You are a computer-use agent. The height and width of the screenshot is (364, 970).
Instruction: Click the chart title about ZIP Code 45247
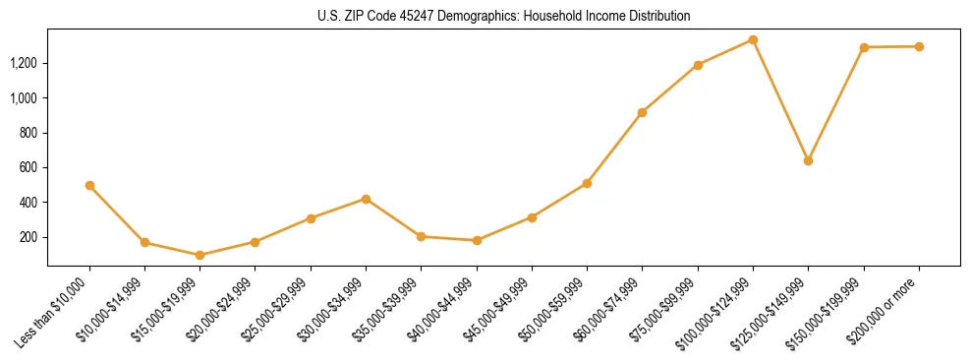click(x=503, y=17)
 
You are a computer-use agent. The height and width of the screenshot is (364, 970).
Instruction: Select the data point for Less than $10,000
click(x=89, y=185)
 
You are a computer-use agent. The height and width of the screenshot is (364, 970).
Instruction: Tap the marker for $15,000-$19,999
click(x=200, y=255)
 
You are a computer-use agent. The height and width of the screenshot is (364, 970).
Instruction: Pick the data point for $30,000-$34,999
click(x=366, y=199)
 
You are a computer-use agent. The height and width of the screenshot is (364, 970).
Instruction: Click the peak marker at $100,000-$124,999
click(x=753, y=39)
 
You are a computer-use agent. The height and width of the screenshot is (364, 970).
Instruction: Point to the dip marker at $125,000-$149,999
click(x=808, y=160)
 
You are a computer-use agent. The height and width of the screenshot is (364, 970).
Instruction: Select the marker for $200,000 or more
click(x=919, y=46)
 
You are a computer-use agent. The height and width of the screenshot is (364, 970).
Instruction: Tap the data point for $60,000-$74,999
click(x=642, y=112)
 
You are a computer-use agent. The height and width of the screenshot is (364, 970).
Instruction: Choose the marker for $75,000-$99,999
click(x=698, y=65)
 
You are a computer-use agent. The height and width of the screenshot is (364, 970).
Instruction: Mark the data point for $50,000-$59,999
click(x=587, y=183)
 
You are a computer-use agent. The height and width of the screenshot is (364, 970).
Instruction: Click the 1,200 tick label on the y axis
click(x=25, y=64)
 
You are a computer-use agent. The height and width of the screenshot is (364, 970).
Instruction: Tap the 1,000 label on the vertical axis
click(x=25, y=98)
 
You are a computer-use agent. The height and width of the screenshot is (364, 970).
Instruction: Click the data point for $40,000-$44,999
click(x=477, y=240)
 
